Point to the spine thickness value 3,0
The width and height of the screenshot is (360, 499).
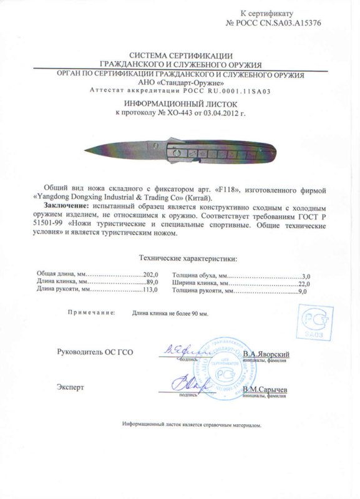pos(305,275)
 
